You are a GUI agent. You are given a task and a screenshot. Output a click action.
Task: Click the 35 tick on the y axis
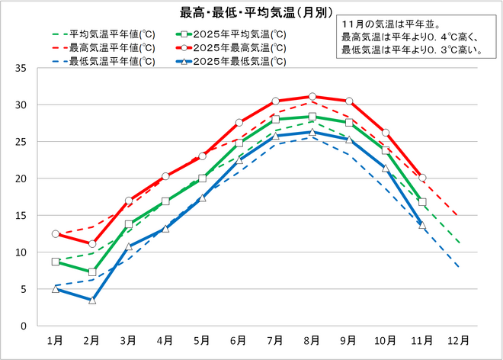(x=21, y=68)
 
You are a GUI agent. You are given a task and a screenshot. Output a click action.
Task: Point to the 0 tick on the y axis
(x=24, y=326)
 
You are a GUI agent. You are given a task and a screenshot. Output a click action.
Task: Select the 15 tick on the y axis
(x=21, y=215)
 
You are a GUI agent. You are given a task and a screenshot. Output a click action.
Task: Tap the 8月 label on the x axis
(x=312, y=340)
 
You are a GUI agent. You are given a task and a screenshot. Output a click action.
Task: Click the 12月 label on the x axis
(x=460, y=340)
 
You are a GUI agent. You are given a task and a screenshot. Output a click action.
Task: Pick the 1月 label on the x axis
(x=55, y=340)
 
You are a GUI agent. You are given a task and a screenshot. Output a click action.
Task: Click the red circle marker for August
(x=312, y=97)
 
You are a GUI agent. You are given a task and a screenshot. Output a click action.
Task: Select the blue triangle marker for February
(x=91, y=301)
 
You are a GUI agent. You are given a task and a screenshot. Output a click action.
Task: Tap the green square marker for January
(x=55, y=262)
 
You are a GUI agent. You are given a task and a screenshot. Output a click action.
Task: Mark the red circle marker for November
(x=422, y=178)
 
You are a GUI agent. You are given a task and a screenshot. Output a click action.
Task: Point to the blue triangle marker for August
(x=312, y=132)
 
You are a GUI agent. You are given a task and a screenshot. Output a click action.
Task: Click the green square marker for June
(x=239, y=143)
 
